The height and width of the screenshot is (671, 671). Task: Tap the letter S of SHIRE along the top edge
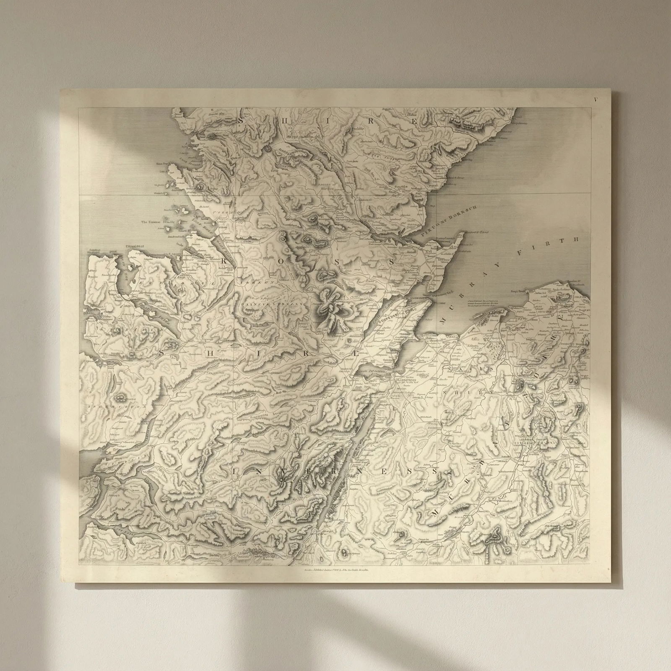coord(240,120)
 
